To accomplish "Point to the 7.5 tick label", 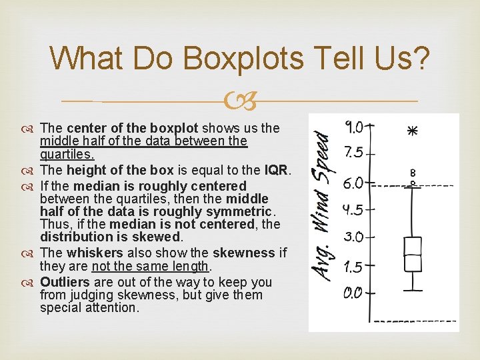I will coord(354,153).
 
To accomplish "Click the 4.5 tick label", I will coord(353,209).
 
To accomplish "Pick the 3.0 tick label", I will coord(354,237).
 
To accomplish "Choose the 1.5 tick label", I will coord(354,267).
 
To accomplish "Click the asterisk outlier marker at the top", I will coord(413,131).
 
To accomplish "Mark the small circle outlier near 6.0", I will coord(413,182).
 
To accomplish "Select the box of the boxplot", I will coord(413,254).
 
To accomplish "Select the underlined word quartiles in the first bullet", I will coord(63,154).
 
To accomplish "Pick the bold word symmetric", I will coord(240,211).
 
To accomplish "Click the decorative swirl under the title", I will coord(239,101).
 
